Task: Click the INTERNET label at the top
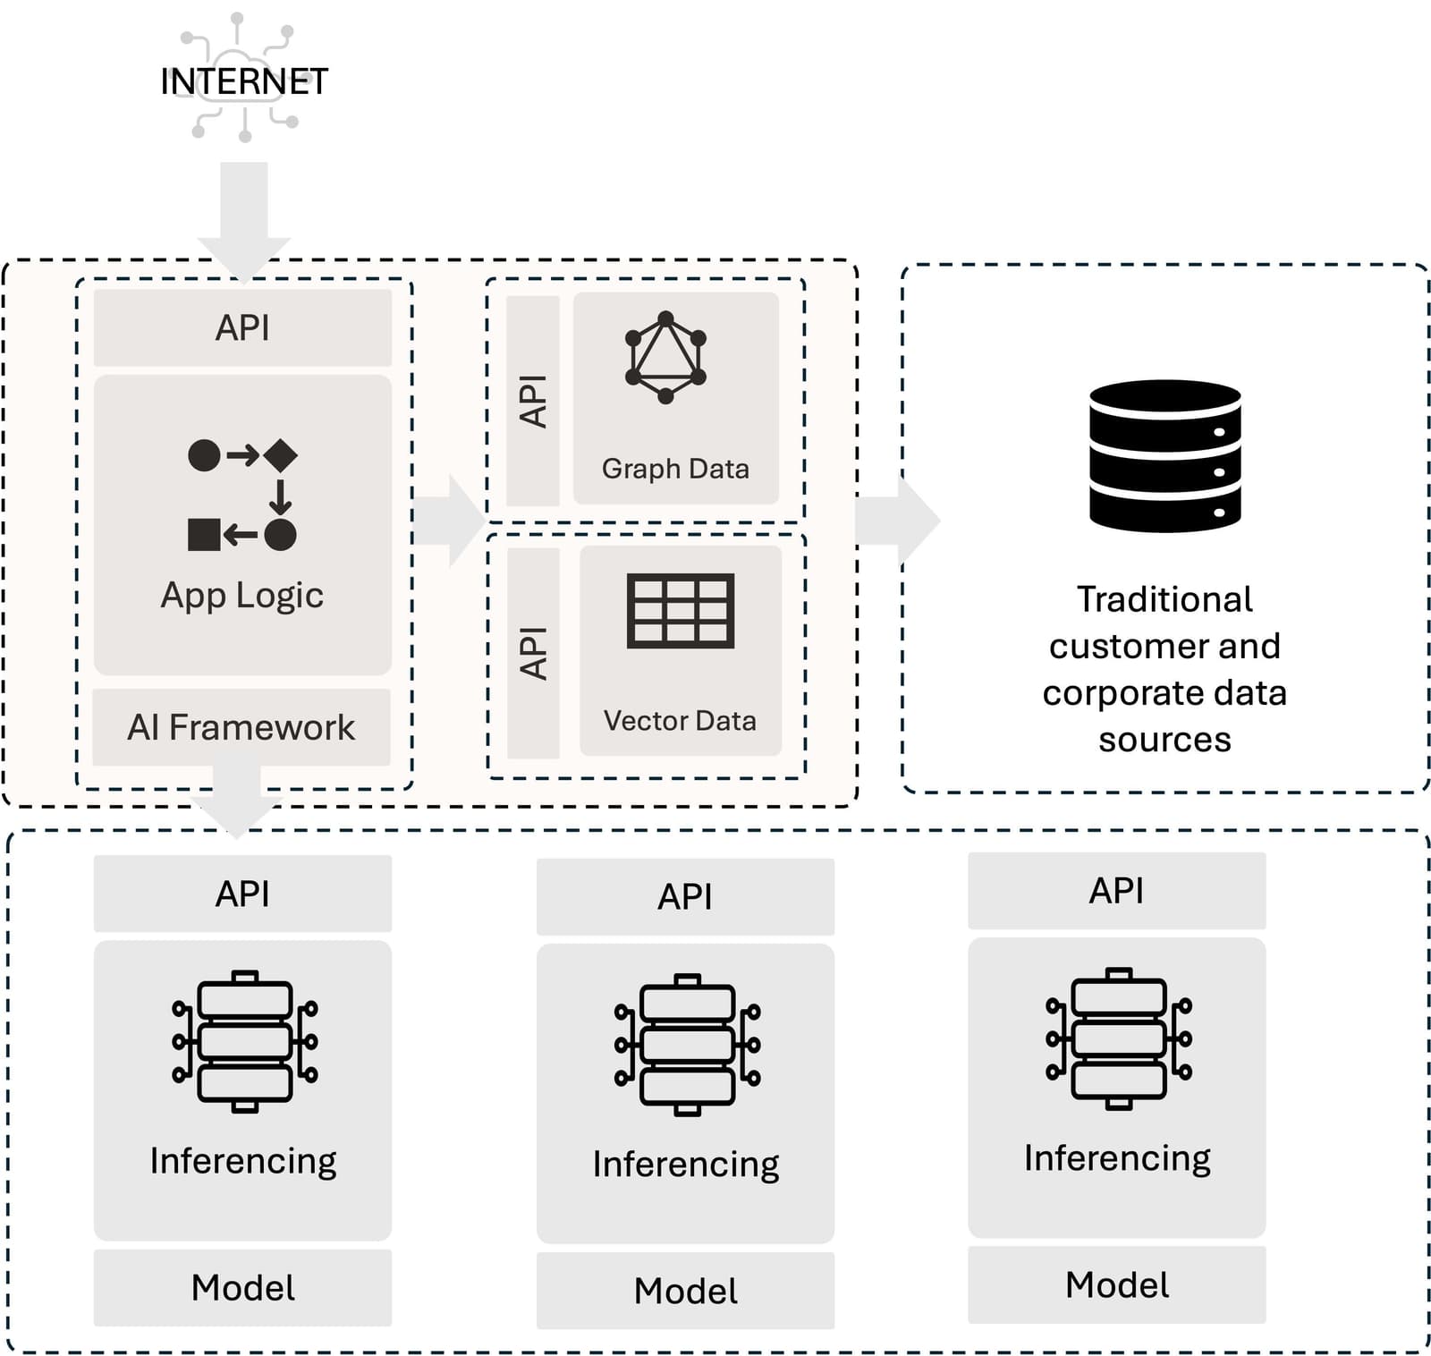[x=243, y=81]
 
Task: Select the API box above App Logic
[x=242, y=327]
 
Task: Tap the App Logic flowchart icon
[x=242, y=495]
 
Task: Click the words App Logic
[x=242, y=596]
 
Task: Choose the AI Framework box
[x=241, y=727]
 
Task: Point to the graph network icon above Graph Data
[x=665, y=358]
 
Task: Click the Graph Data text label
[x=675, y=469]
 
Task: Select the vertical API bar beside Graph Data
[x=533, y=401]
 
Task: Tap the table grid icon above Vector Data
[x=681, y=610]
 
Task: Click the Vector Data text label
[x=680, y=721]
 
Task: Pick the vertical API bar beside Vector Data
[x=533, y=653]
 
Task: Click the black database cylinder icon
[x=1164, y=456]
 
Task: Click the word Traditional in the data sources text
[x=1164, y=599]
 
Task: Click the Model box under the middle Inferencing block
[x=685, y=1290]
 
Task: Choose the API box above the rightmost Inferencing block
[x=1116, y=891]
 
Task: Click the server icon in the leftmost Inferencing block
[x=244, y=1041]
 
